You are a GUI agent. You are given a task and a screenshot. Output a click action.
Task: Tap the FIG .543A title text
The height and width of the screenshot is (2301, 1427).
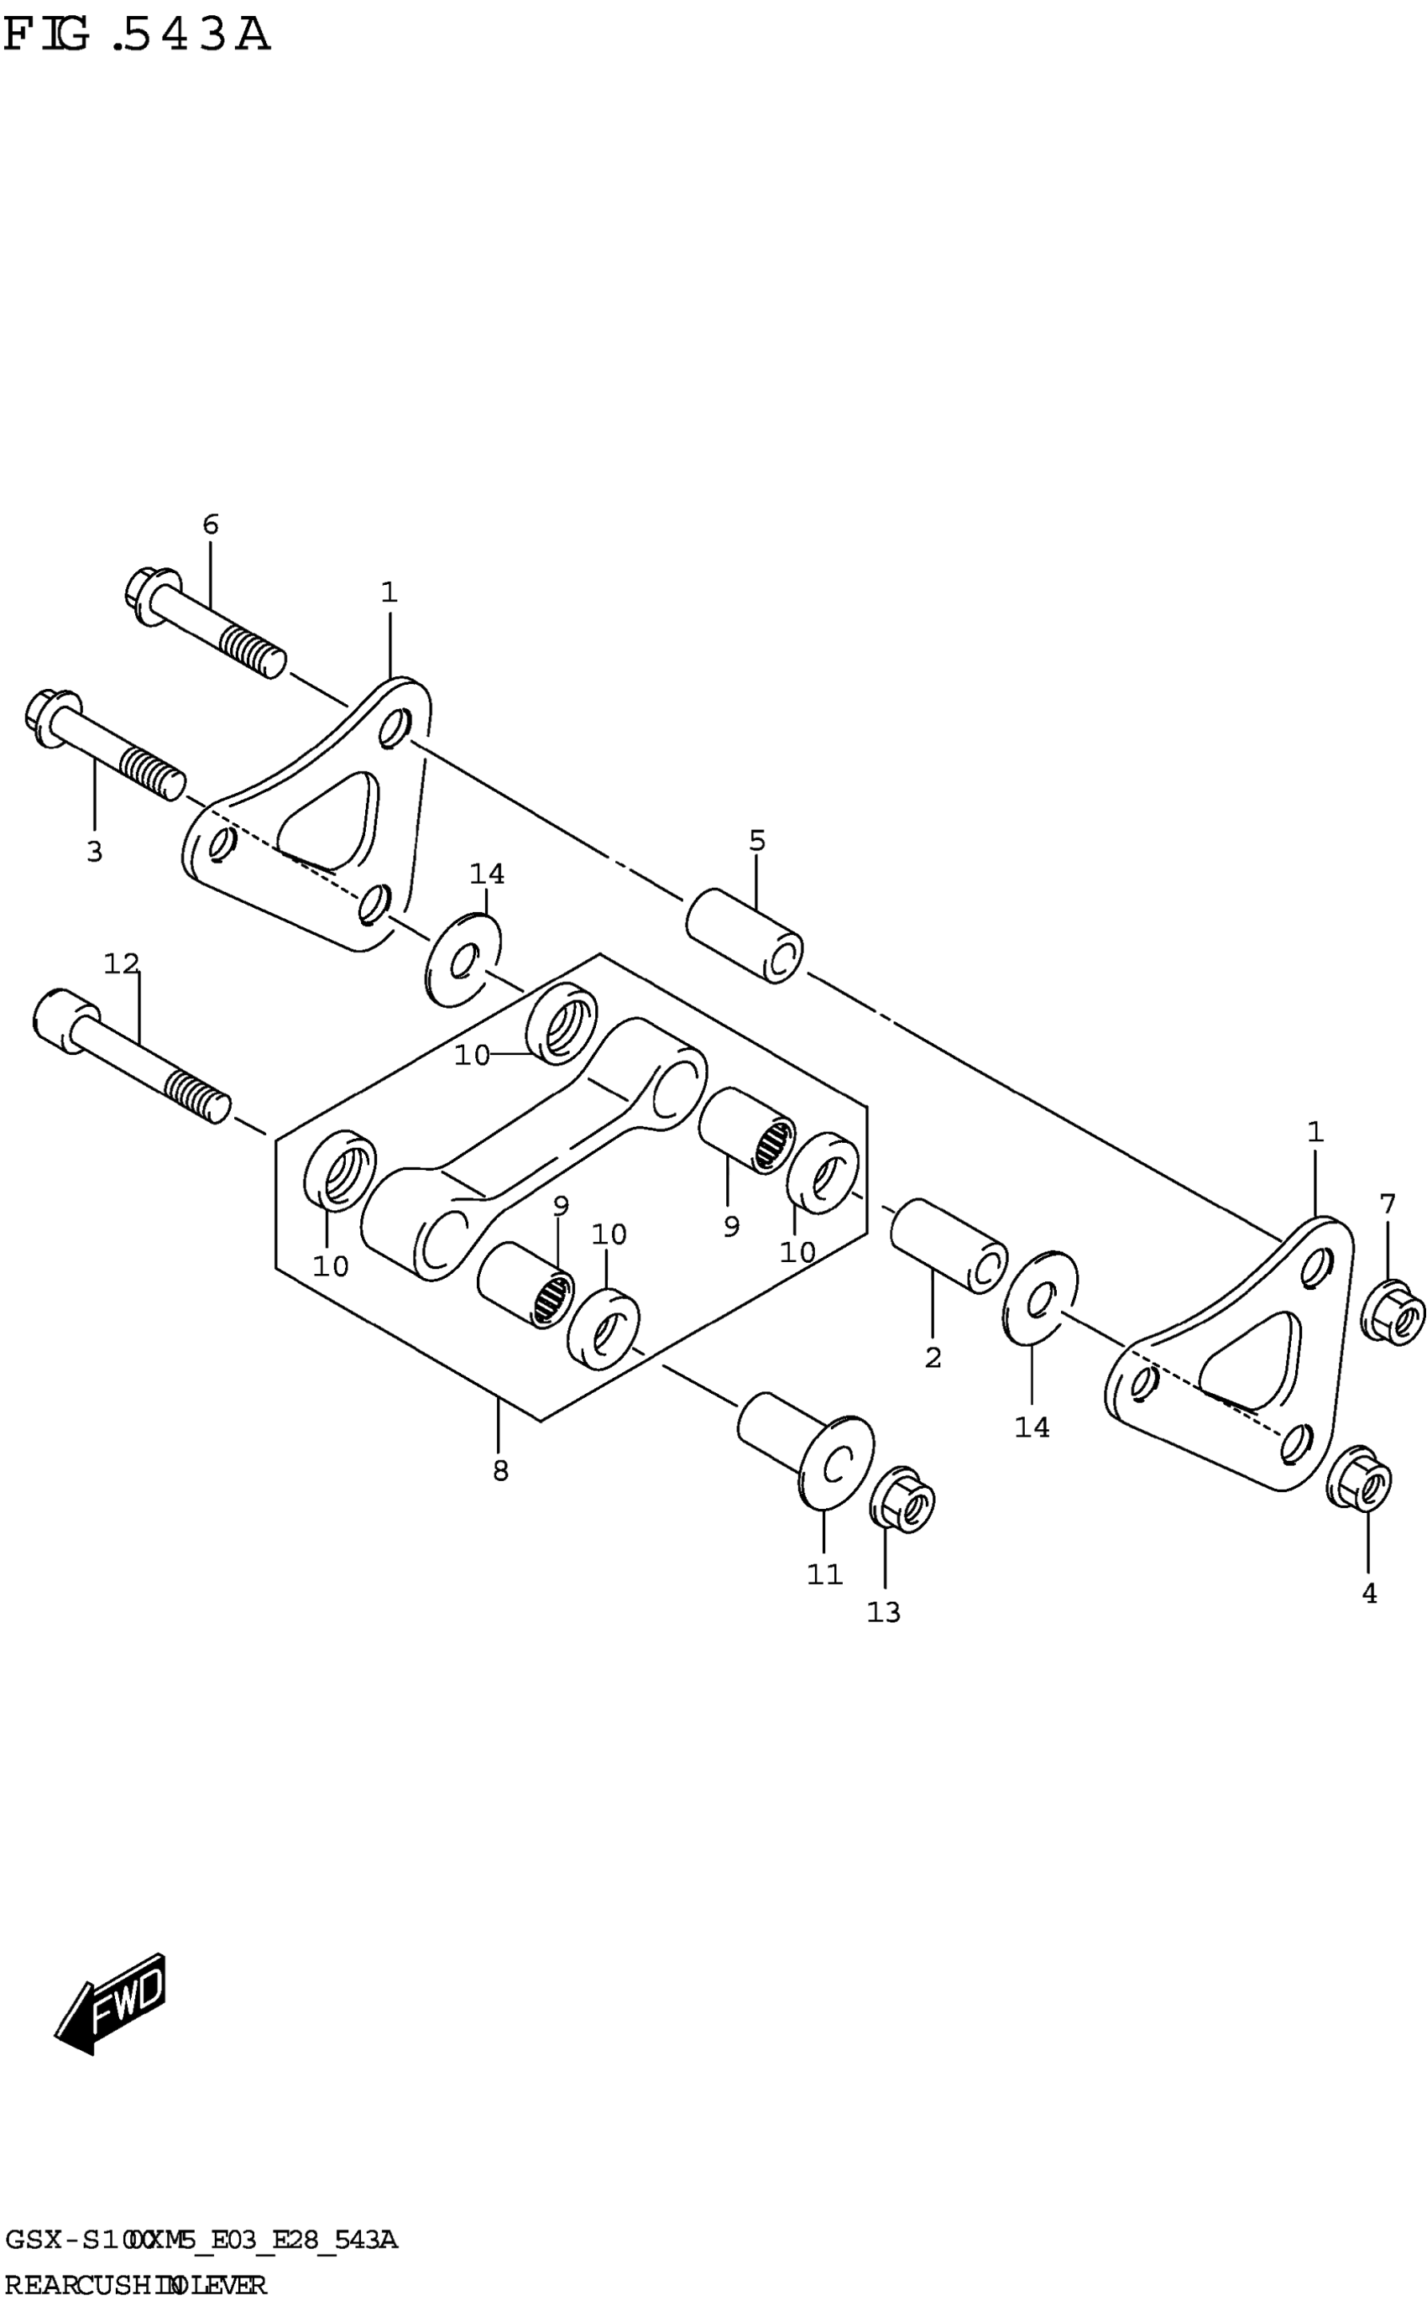(x=138, y=36)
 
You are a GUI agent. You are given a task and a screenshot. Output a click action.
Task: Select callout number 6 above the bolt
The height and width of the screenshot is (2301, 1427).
(x=211, y=524)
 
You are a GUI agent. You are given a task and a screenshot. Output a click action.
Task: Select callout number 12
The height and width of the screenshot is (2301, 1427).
(x=122, y=963)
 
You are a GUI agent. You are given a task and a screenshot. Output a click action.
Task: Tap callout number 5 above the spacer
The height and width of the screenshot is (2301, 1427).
(x=757, y=840)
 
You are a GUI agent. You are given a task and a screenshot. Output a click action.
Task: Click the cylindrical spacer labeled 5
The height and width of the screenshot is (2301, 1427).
(x=745, y=934)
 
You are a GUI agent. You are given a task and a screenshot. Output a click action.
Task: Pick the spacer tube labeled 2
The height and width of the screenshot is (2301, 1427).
(x=949, y=1245)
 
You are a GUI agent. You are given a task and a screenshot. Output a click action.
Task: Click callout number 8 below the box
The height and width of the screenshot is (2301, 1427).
(x=500, y=1471)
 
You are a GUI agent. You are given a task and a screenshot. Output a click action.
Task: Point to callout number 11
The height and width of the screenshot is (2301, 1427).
(x=824, y=1573)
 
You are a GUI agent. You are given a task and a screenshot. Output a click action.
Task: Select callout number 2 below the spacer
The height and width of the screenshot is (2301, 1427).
(x=933, y=1358)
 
